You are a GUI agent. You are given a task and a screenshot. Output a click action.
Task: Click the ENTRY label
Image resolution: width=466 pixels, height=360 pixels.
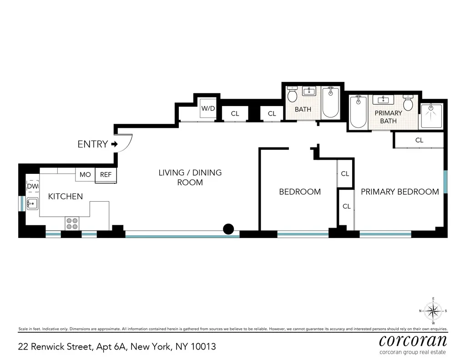(x=93, y=144)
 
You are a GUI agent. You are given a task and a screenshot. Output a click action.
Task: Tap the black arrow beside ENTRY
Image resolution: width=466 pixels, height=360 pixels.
(x=114, y=144)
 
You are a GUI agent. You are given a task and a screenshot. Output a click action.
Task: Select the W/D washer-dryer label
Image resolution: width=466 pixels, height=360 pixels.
(x=208, y=108)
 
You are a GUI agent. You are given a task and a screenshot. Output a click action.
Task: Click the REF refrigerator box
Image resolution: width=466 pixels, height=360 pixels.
(x=106, y=175)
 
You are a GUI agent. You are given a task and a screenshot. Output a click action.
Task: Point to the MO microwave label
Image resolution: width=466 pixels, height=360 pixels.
(x=85, y=175)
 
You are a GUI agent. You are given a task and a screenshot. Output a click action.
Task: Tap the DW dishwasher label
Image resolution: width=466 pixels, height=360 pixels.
(x=32, y=186)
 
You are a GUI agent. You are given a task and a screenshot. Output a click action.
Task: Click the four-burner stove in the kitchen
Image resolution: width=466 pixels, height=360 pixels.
(x=72, y=223)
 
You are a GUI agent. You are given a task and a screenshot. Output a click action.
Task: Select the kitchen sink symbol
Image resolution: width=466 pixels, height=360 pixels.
(x=32, y=203)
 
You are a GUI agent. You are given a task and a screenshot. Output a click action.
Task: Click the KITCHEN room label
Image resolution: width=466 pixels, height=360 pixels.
(x=66, y=197)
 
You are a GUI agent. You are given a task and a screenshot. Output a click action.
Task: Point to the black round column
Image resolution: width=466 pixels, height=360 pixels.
(x=229, y=229)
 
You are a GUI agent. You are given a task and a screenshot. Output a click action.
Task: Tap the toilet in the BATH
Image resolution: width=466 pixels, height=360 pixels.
(x=292, y=95)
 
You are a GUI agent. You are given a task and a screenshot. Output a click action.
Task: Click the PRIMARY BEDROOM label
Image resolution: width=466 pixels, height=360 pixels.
(x=400, y=192)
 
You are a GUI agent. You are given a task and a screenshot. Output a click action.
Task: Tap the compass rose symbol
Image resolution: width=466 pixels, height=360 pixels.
(x=433, y=311)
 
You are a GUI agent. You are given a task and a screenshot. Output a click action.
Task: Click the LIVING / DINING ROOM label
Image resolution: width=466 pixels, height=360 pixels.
(x=190, y=177)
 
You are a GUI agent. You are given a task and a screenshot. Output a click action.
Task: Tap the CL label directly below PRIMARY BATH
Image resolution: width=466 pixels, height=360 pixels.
(x=419, y=141)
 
